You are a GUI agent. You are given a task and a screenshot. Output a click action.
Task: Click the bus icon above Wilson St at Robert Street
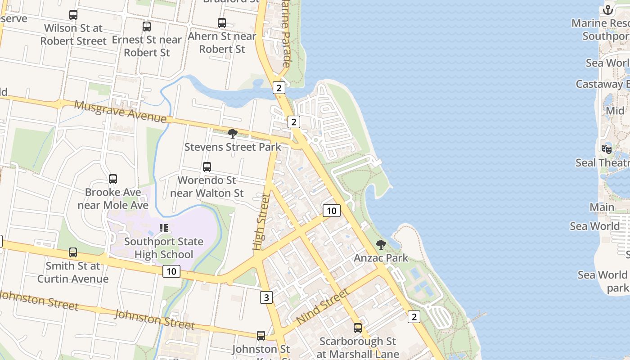pos(73,15)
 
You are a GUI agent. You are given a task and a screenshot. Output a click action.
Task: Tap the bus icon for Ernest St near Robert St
pos(147,27)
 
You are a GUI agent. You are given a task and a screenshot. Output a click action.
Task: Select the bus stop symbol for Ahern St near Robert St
pos(222,23)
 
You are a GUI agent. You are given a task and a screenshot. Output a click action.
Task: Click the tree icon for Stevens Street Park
pos(233,134)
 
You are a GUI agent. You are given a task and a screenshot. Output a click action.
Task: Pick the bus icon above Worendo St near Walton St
pos(207,167)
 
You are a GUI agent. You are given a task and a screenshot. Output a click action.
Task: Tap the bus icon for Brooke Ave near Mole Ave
pos(113,179)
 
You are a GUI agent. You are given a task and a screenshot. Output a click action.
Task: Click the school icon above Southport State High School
pos(164,229)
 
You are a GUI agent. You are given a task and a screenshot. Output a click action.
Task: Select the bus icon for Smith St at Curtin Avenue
pos(73,252)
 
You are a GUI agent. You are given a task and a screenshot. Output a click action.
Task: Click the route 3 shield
pos(266,297)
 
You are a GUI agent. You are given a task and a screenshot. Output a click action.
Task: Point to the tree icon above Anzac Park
pos(381,245)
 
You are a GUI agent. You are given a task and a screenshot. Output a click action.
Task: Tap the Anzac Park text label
pos(381,258)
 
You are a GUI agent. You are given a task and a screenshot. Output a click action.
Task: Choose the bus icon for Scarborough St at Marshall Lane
pos(358,328)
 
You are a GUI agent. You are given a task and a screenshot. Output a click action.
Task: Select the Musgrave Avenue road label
pos(120,111)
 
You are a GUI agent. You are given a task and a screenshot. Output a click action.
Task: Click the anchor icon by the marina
pos(608,10)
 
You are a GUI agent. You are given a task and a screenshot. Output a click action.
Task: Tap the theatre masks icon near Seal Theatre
pos(607,149)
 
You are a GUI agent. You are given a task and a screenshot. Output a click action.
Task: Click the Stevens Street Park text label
pos(233,147)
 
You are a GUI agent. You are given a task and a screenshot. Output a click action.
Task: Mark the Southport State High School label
pos(164,248)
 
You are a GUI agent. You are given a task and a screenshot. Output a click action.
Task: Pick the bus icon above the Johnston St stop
pos(261,335)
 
